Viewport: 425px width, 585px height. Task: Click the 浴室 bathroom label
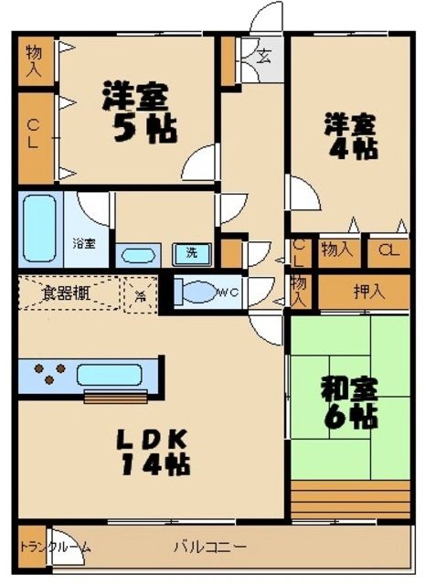pos(85,244)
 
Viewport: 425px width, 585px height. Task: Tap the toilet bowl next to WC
pos(195,292)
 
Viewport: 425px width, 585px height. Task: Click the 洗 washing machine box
pos(192,252)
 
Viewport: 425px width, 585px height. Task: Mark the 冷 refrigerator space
pos(141,295)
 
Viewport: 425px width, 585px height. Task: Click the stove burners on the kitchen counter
pos(49,374)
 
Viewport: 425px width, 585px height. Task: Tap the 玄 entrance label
pos(262,56)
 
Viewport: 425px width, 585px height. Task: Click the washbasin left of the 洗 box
pos(138,255)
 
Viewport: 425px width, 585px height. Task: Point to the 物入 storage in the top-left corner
pos(32,59)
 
